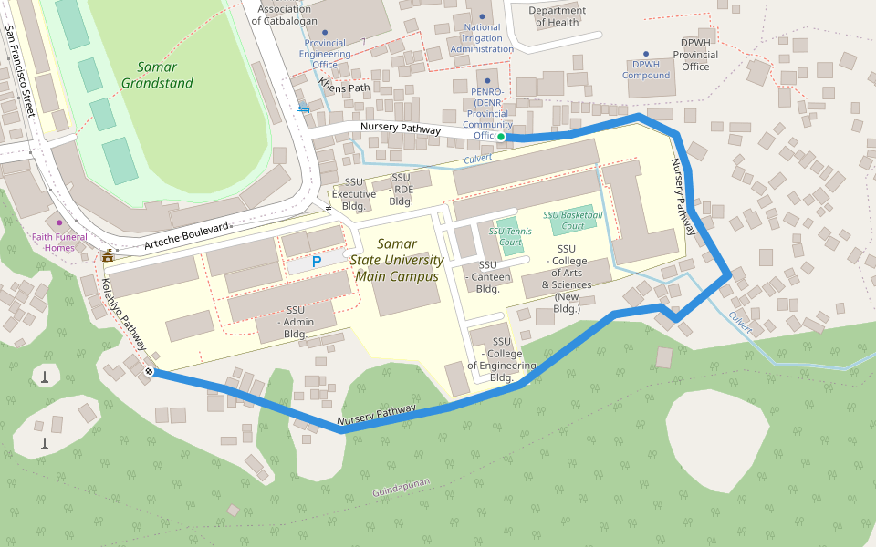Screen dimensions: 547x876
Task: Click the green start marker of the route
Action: coord(501,137)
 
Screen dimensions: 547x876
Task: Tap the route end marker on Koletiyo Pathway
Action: coord(149,372)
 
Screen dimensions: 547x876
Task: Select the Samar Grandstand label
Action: coord(157,75)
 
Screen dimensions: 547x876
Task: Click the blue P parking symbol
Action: coord(317,262)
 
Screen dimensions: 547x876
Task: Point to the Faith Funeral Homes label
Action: coord(66,243)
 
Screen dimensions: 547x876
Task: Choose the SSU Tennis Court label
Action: coord(510,236)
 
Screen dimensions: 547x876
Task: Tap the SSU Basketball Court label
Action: coord(572,220)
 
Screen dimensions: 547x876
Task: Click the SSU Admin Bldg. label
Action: coord(295,322)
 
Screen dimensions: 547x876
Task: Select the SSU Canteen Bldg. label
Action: coord(487,277)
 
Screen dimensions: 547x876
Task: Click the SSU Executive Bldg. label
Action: coord(353,194)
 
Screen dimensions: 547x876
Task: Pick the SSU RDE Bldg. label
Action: coord(401,189)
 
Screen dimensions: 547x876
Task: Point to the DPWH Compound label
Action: coord(646,70)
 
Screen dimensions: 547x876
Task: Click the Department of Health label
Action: coord(558,16)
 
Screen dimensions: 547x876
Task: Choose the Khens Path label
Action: coord(344,88)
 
